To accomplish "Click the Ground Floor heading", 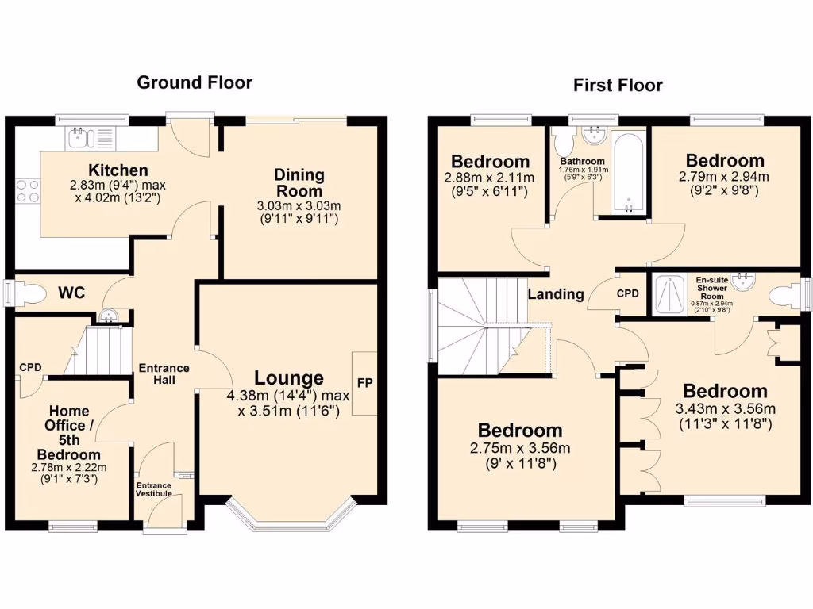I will [195, 82].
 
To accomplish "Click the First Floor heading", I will [618, 85].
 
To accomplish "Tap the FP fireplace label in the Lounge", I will [365, 383].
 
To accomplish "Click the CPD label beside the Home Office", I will [30, 367].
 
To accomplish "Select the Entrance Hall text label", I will [164, 373].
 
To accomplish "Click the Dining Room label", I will [299, 182].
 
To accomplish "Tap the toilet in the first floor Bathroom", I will [564, 143].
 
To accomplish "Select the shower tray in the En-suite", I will [672, 295].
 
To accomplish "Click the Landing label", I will [556, 294].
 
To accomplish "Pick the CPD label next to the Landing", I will [629, 293].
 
